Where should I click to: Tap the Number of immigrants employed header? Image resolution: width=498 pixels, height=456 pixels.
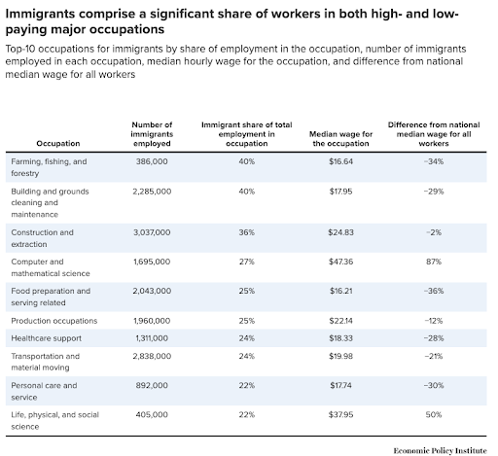pos(153,132)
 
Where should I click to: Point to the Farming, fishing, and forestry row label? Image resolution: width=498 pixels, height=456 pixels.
pos(49,165)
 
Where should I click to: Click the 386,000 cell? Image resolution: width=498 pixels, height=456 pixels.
pos(150,159)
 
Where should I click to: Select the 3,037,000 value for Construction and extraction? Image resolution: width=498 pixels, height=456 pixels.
pos(153,233)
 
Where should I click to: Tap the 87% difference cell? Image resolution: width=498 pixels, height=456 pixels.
pos(436,262)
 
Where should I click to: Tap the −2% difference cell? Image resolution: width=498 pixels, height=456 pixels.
pos(436,233)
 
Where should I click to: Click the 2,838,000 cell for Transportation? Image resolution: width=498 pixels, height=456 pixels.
pos(153,356)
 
